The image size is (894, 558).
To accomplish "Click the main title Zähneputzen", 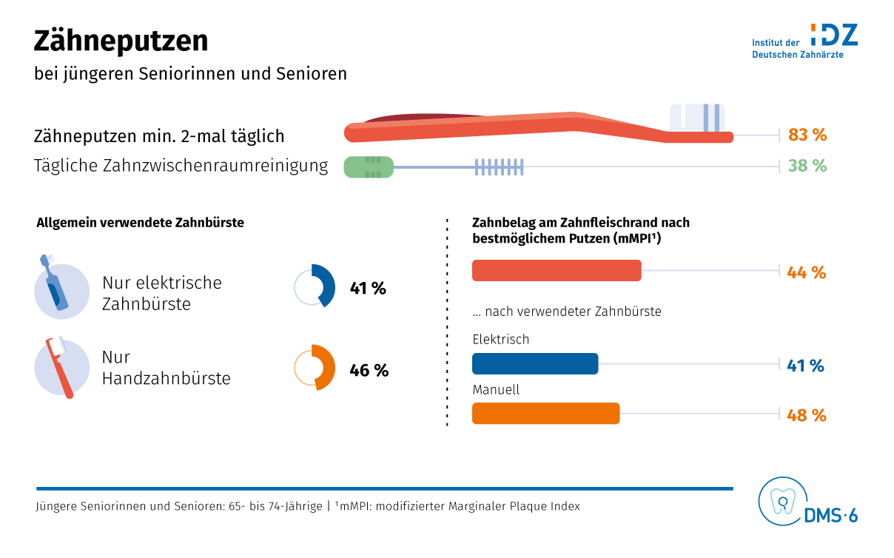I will (121, 41).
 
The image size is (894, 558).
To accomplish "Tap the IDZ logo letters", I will (834, 34).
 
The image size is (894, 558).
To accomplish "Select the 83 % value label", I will (807, 135).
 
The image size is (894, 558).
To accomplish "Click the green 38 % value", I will (807, 166).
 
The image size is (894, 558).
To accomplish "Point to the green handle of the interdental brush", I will (368, 167).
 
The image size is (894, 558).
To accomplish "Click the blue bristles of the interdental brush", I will (499, 167).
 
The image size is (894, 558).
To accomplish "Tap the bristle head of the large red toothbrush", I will (696, 118).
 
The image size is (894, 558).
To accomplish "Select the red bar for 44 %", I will (557, 271).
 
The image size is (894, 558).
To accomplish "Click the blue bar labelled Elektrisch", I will (534, 364).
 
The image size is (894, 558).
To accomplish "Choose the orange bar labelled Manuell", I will (545, 414).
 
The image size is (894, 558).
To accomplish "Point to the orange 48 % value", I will (807, 415).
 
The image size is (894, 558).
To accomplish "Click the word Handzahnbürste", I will (166, 378).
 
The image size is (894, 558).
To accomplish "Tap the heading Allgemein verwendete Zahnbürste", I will (140, 222).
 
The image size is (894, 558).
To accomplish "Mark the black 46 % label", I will (369, 370).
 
